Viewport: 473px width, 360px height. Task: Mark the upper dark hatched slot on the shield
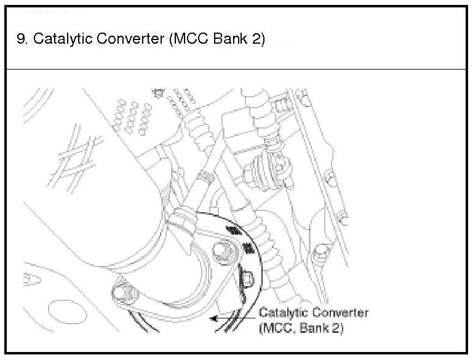(233, 230)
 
